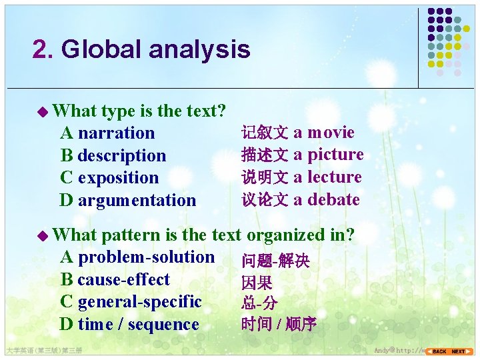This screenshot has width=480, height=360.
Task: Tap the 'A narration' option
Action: pyautogui.click(x=107, y=133)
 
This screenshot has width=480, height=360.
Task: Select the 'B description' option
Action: pyautogui.click(x=113, y=156)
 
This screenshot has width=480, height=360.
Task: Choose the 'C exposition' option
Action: pyautogui.click(x=109, y=178)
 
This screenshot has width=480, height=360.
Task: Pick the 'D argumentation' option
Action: pyautogui.click(x=128, y=200)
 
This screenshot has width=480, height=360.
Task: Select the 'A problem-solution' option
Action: pyautogui.click(x=137, y=257)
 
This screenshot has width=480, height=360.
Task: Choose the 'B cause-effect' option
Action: pyautogui.click(x=115, y=280)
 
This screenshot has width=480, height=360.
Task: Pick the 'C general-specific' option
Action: pyautogui.click(x=131, y=302)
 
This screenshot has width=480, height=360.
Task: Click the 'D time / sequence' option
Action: pyautogui.click(x=129, y=325)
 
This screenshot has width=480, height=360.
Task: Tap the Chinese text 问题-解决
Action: pyautogui.click(x=275, y=261)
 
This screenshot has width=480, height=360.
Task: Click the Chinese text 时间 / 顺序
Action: pyautogui.click(x=279, y=325)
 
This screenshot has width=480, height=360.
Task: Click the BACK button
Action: pyautogui.click(x=438, y=351)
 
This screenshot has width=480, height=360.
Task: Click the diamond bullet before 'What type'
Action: pyautogui.click(x=43, y=111)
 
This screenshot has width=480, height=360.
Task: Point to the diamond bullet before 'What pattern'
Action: pyautogui.click(x=43, y=235)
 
